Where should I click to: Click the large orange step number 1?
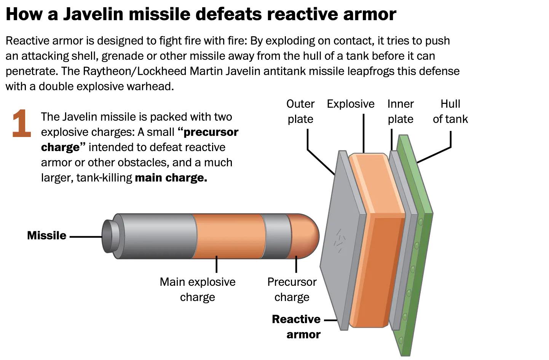point(22,123)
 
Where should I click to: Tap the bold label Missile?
point(46,235)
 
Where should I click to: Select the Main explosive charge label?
point(198,290)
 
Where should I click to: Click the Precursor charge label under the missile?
point(292,290)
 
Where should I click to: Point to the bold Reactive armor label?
point(296,327)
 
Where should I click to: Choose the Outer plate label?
point(300,112)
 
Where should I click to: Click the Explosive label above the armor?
point(351,104)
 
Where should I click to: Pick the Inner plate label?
point(401,112)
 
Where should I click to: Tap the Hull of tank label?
point(450,112)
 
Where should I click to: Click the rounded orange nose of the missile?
point(304,236)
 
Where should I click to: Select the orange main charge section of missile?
point(228,236)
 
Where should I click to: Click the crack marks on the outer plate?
point(340,241)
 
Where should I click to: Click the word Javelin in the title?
point(93,14)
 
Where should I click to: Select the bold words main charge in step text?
point(171,178)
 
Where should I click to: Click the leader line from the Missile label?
point(86,237)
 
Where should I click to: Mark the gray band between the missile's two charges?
point(276,236)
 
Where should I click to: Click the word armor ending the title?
point(370,14)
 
